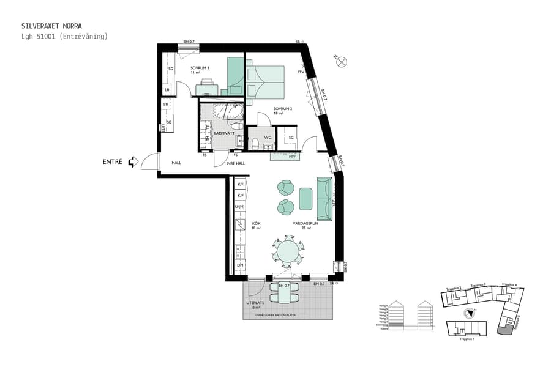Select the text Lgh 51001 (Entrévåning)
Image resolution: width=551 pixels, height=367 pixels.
point(64,37)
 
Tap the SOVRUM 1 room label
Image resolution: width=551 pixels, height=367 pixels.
point(200,67)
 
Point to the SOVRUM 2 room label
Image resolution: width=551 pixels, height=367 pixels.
point(283,109)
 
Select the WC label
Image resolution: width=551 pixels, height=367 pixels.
point(268,137)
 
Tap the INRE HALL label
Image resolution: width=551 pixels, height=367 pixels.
point(236,163)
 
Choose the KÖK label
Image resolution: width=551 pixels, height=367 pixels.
point(257,224)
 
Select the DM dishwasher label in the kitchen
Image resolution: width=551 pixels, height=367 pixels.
point(241,265)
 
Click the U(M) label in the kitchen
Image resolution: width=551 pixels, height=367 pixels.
point(241,207)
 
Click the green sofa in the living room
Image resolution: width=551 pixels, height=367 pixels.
point(324,199)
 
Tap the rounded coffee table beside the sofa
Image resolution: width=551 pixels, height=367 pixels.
point(306,198)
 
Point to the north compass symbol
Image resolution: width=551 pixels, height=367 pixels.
point(342,61)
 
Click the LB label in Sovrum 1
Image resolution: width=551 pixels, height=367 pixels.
point(167,91)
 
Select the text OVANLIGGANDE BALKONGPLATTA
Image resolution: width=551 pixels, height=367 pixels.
point(288,316)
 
